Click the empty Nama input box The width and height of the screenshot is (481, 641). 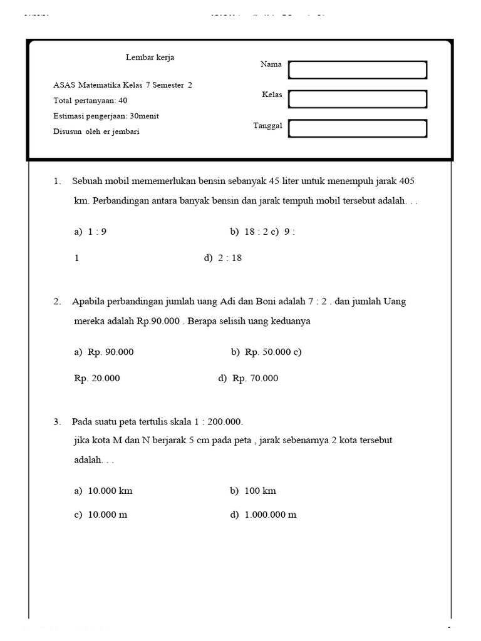357,70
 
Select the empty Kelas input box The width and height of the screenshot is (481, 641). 357,99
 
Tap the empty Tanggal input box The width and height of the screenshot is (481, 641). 357,128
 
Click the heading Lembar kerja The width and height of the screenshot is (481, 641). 150,58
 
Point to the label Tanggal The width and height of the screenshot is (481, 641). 267,125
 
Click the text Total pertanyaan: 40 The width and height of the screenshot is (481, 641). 91,100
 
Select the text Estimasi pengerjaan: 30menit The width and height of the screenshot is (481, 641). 106,116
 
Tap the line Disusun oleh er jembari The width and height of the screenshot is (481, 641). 96,131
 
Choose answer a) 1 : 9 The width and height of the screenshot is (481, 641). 91,232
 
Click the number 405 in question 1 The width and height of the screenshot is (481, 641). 406,181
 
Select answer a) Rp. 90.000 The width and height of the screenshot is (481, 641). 104,352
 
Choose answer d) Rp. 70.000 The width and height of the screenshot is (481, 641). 248,378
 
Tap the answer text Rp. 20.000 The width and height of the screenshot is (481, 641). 97,378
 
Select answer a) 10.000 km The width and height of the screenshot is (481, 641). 103,491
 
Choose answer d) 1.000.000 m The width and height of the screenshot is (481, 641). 263,515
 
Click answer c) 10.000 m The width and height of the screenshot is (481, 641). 101,515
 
